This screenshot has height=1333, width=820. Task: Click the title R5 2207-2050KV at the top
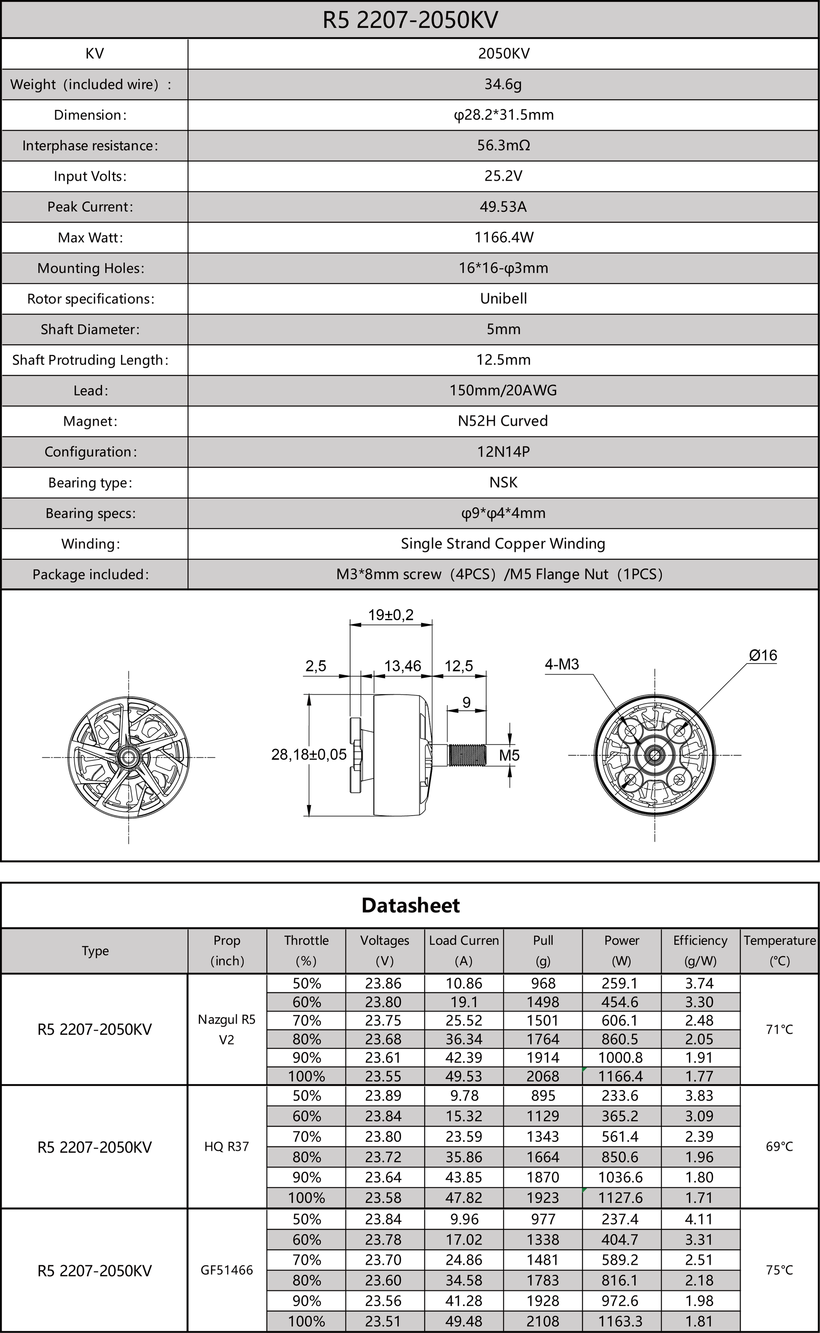[x=410, y=20]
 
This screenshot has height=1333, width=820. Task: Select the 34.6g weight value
[x=503, y=84]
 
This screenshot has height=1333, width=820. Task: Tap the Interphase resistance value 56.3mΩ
[x=503, y=145]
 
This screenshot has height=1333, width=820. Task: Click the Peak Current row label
[x=90, y=206]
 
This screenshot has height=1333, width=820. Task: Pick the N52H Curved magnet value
[x=503, y=421]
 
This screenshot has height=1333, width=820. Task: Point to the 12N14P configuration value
[x=503, y=451]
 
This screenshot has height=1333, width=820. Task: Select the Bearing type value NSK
[x=503, y=482]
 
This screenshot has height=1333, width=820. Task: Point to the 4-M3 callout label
[x=562, y=664]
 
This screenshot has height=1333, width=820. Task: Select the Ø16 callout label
[x=763, y=655]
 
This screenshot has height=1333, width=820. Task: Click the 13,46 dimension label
[x=402, y=666]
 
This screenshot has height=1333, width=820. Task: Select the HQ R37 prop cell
[x=227, y=1146]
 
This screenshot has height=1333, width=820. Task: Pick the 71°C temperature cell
[x=779, y=1029]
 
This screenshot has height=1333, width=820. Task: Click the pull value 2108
[x=543, y=1321]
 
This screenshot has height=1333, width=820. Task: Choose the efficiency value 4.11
[x=699, y=1219]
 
